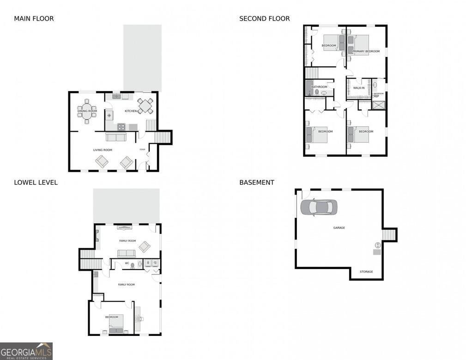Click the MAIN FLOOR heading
point(34,19)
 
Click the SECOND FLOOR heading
point(264,19)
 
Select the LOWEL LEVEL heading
point(36,183)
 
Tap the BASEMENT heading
point(256,183)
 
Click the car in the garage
point(319,207)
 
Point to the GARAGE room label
point(339,228)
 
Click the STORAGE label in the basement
point(366,272)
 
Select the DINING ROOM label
point(87,111)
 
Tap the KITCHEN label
point(131,111)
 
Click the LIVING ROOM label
point(103,150)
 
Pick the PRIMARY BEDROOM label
point(366,51)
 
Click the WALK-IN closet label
point(359,87)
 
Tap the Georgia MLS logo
point(26,351)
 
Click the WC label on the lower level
point(127,263)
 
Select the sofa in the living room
point(116,137)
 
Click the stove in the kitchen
point(121,127)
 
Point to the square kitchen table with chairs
point(145,106)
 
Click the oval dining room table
point(87,111)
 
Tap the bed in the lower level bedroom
point(116,323)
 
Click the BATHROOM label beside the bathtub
point(319,87)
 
